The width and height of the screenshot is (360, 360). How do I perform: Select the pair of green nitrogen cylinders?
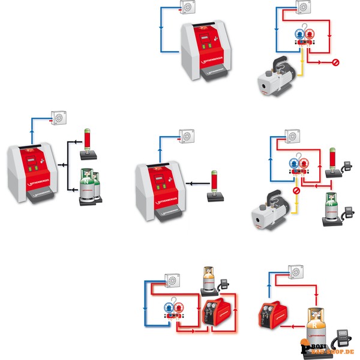tap(88, 187)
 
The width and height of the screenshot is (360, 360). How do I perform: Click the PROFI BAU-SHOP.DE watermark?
tap(327, 348)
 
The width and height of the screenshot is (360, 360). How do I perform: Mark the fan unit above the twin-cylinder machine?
tap(61, 118)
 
